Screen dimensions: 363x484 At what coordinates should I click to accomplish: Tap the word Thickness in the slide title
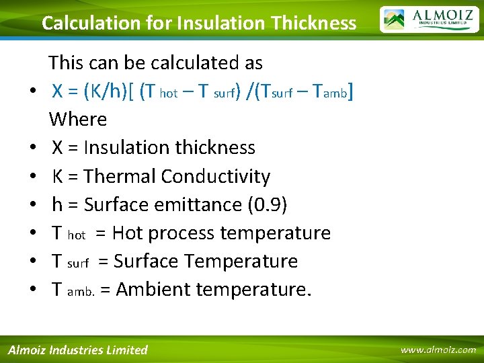point(314,23)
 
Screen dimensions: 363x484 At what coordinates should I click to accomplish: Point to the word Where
point(78,120)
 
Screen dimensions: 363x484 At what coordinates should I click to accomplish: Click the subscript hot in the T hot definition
point(77,235)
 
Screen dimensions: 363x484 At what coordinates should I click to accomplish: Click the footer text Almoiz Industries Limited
point(77,350)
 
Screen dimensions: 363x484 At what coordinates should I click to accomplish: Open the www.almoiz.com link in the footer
point(438,350)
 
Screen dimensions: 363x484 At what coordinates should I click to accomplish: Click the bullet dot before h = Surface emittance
point(32,205)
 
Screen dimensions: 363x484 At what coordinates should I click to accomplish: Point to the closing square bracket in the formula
point(351,91)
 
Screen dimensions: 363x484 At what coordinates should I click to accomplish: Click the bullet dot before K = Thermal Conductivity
point(32,177)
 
